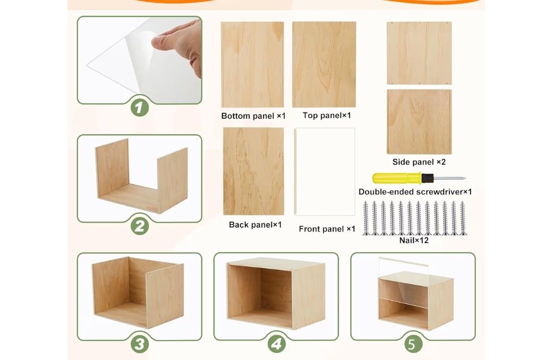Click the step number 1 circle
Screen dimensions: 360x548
click(x=139, y=107)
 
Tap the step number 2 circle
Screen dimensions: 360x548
click(x=139, y=226)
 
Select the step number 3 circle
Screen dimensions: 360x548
click(x=139, y=343)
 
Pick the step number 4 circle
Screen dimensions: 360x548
click(x=276, y=344)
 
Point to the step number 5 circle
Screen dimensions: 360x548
click(x=413, y=344)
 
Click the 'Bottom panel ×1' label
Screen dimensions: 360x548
click(x=253, y=116)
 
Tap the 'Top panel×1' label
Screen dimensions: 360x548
click(x=327, y=116)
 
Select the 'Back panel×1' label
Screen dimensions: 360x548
click(x=255, y=224)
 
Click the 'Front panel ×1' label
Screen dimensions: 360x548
click(x=327, y=229)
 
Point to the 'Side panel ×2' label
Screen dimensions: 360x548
click(x=419, y=162)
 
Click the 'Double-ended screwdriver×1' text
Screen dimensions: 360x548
click(x=415, y=192)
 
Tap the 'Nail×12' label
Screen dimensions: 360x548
click(x=415, y=240)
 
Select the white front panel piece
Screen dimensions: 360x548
click(x=325, y=172)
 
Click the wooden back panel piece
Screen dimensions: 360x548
click(x=254, y=171)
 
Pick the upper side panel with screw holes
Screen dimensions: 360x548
click(x=419, y=53)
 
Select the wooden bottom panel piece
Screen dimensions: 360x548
click(x=253, y=64)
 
